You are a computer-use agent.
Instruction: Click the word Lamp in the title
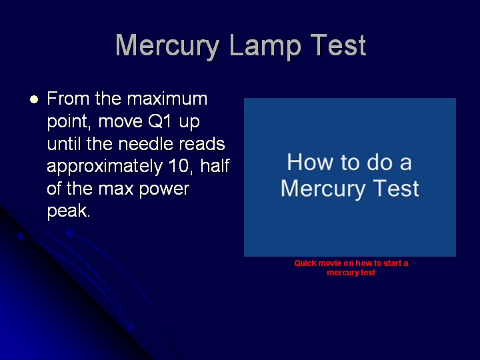(x=265, y=46)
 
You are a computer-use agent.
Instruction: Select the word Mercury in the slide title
(x=167, y=46)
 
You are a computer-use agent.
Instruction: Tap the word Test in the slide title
(x=338, y=45)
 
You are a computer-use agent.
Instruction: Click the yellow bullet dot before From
(x=34, y=99)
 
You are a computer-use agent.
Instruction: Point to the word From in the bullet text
(x=68, y=99)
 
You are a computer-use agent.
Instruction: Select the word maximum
(x=167, y=99)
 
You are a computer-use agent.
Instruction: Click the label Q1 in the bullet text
(x=159, y=121)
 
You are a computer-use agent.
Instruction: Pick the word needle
(x=146, y=143)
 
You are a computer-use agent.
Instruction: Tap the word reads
(x=202, y=143)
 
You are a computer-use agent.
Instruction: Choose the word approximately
(x=105, y=167)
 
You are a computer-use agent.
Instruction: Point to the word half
(x=215, y=166)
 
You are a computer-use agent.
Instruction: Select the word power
(x=164, y=189)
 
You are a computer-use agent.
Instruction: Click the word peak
(x=69, y=211)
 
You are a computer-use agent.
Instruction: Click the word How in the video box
(x=311, y=162)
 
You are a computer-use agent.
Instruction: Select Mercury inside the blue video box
(x=323, y=189)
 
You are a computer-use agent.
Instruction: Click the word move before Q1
(x=120, y=121)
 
